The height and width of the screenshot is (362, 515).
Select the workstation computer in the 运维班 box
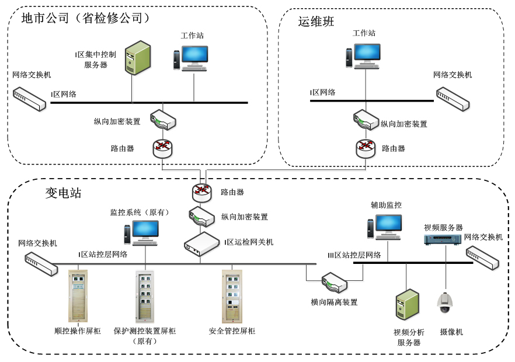(363, 55)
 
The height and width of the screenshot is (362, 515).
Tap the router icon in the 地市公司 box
(163, 148)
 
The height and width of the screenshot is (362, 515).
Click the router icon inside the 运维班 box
(366, 148)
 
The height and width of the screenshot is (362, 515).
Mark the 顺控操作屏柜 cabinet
(78, 296)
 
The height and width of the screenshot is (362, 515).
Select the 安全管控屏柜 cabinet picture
(232, 296)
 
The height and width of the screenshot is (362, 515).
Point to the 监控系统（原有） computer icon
(141, 232)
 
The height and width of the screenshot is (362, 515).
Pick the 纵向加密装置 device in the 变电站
(201, 217)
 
